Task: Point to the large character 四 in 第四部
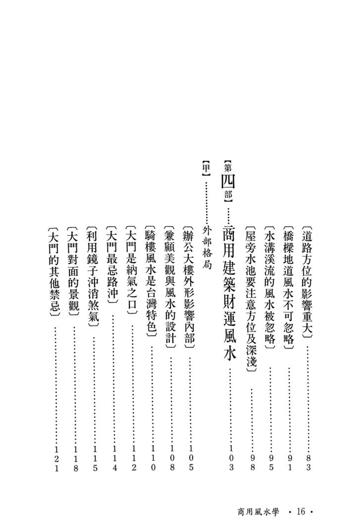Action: tap(228, 181)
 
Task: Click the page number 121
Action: tap(56, 459)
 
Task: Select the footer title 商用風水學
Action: tap(258, 512)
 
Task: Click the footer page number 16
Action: tap(301, 512)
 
